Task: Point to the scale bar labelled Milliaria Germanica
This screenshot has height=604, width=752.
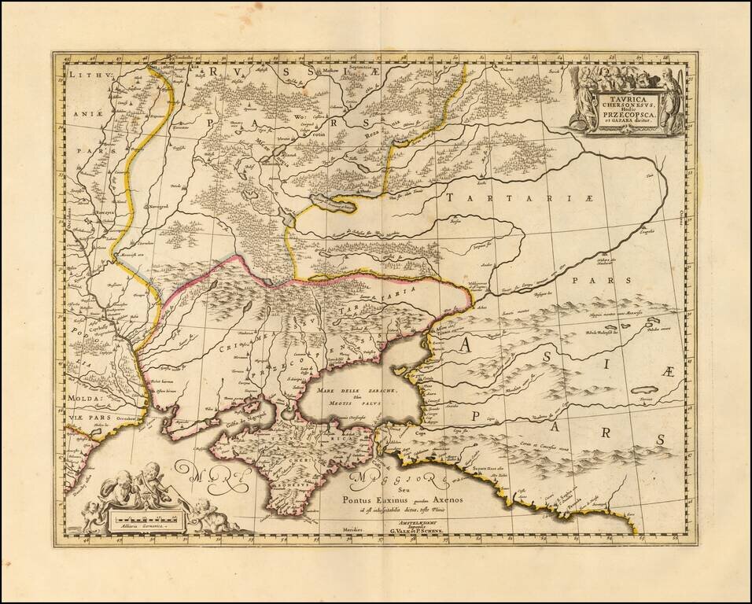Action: [x=147, y=520]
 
